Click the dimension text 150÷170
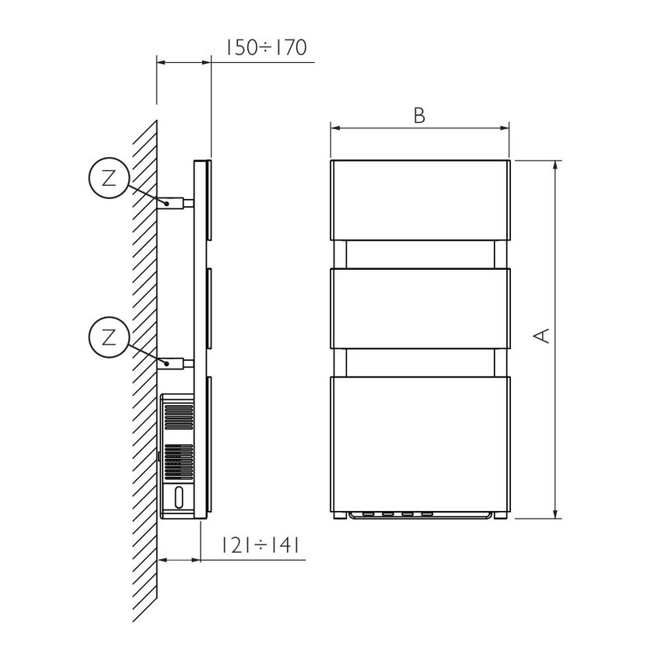267,47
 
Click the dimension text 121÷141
261,545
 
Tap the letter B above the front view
419,116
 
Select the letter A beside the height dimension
542,336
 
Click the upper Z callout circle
109,178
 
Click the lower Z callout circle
109,338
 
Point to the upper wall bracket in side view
176,204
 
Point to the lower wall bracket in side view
176,363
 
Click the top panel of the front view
420,200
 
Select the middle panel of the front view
420,309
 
